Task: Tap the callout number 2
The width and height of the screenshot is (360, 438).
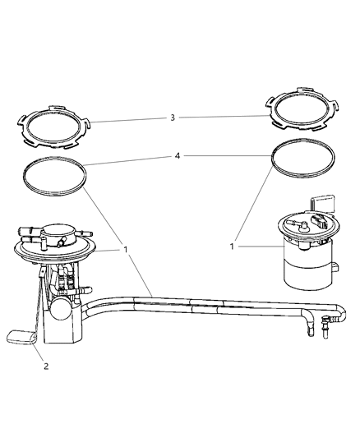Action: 46,366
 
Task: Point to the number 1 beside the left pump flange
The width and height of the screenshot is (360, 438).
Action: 125,247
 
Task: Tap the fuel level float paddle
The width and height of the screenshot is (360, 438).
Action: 20,335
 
